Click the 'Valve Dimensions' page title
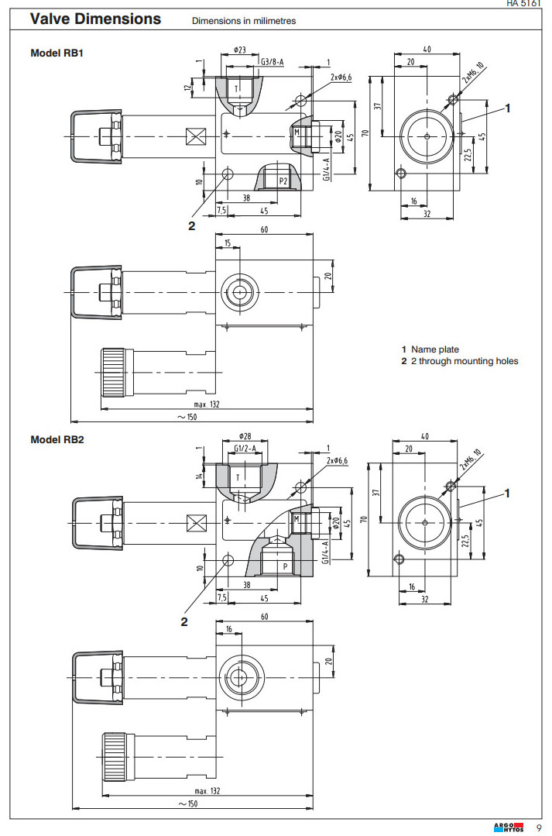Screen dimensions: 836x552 96,19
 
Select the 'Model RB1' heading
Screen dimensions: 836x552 57,53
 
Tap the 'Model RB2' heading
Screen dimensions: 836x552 57,439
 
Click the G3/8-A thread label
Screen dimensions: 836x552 272,61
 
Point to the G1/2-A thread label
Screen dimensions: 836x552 245,448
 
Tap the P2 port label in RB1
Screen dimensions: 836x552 283,181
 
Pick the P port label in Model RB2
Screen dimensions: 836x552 285,566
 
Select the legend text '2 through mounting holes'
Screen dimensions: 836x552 463,361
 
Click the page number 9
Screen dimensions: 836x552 539,827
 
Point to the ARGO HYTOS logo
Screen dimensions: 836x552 508,827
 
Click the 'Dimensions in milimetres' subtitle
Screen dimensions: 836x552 244,21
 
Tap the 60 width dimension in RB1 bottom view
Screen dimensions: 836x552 263,230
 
